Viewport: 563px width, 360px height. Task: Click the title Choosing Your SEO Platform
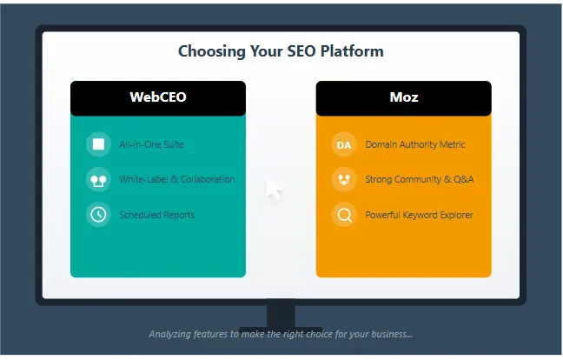click(x=281, y=51)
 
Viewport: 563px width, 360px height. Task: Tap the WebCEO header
click(x=158, y=97)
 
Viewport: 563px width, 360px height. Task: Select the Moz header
click(x=403, y=97)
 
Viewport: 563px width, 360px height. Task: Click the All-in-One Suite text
click(x=151, y=144)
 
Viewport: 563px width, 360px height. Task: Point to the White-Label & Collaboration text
click(x=177, y=179)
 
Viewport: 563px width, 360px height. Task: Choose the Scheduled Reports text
click(x=156, y=215)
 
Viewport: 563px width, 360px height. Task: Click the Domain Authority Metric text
click(x=415, y=144)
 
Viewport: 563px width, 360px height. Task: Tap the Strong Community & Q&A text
click(x=420, y=179)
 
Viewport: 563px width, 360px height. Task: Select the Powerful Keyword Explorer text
click(x=419, y=215)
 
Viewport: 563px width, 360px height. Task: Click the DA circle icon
click(x=344, y=144)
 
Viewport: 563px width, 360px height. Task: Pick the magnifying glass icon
click(x=344, y=215)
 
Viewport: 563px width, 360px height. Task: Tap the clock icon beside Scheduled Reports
click(x=98, y=215)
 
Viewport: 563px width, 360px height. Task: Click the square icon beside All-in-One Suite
click(x=98, y=144)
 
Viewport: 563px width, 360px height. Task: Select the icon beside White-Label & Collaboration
click(x=98, y=180)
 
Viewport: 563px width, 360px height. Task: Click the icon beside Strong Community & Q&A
click(x=344, y=179)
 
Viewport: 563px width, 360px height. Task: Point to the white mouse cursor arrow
click(x=274, y=189)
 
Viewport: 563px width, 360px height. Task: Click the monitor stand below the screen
click(x=281, y=315)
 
